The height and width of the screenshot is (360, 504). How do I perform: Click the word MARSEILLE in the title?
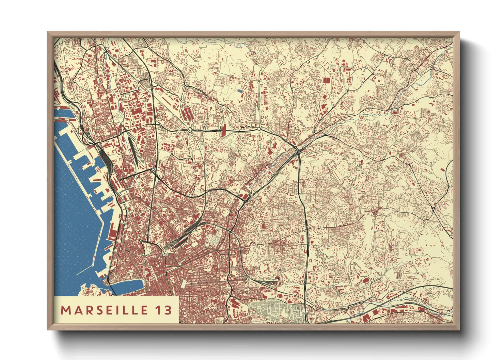(105, 310)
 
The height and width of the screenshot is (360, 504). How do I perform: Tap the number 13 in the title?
(164, 310)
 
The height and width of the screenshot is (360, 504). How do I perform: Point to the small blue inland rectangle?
(239, 91)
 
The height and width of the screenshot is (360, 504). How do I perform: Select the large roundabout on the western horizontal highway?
(189, 130)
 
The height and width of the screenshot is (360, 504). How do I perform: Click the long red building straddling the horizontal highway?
(224, 131)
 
